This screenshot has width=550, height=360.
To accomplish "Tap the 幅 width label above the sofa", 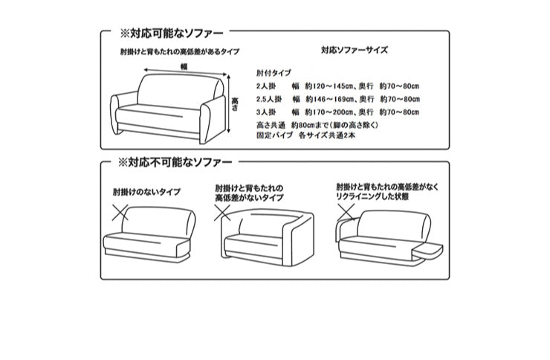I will [184, 66].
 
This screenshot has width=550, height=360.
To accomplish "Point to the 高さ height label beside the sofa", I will [235, 100].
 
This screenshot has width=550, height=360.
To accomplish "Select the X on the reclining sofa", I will [346, 214].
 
